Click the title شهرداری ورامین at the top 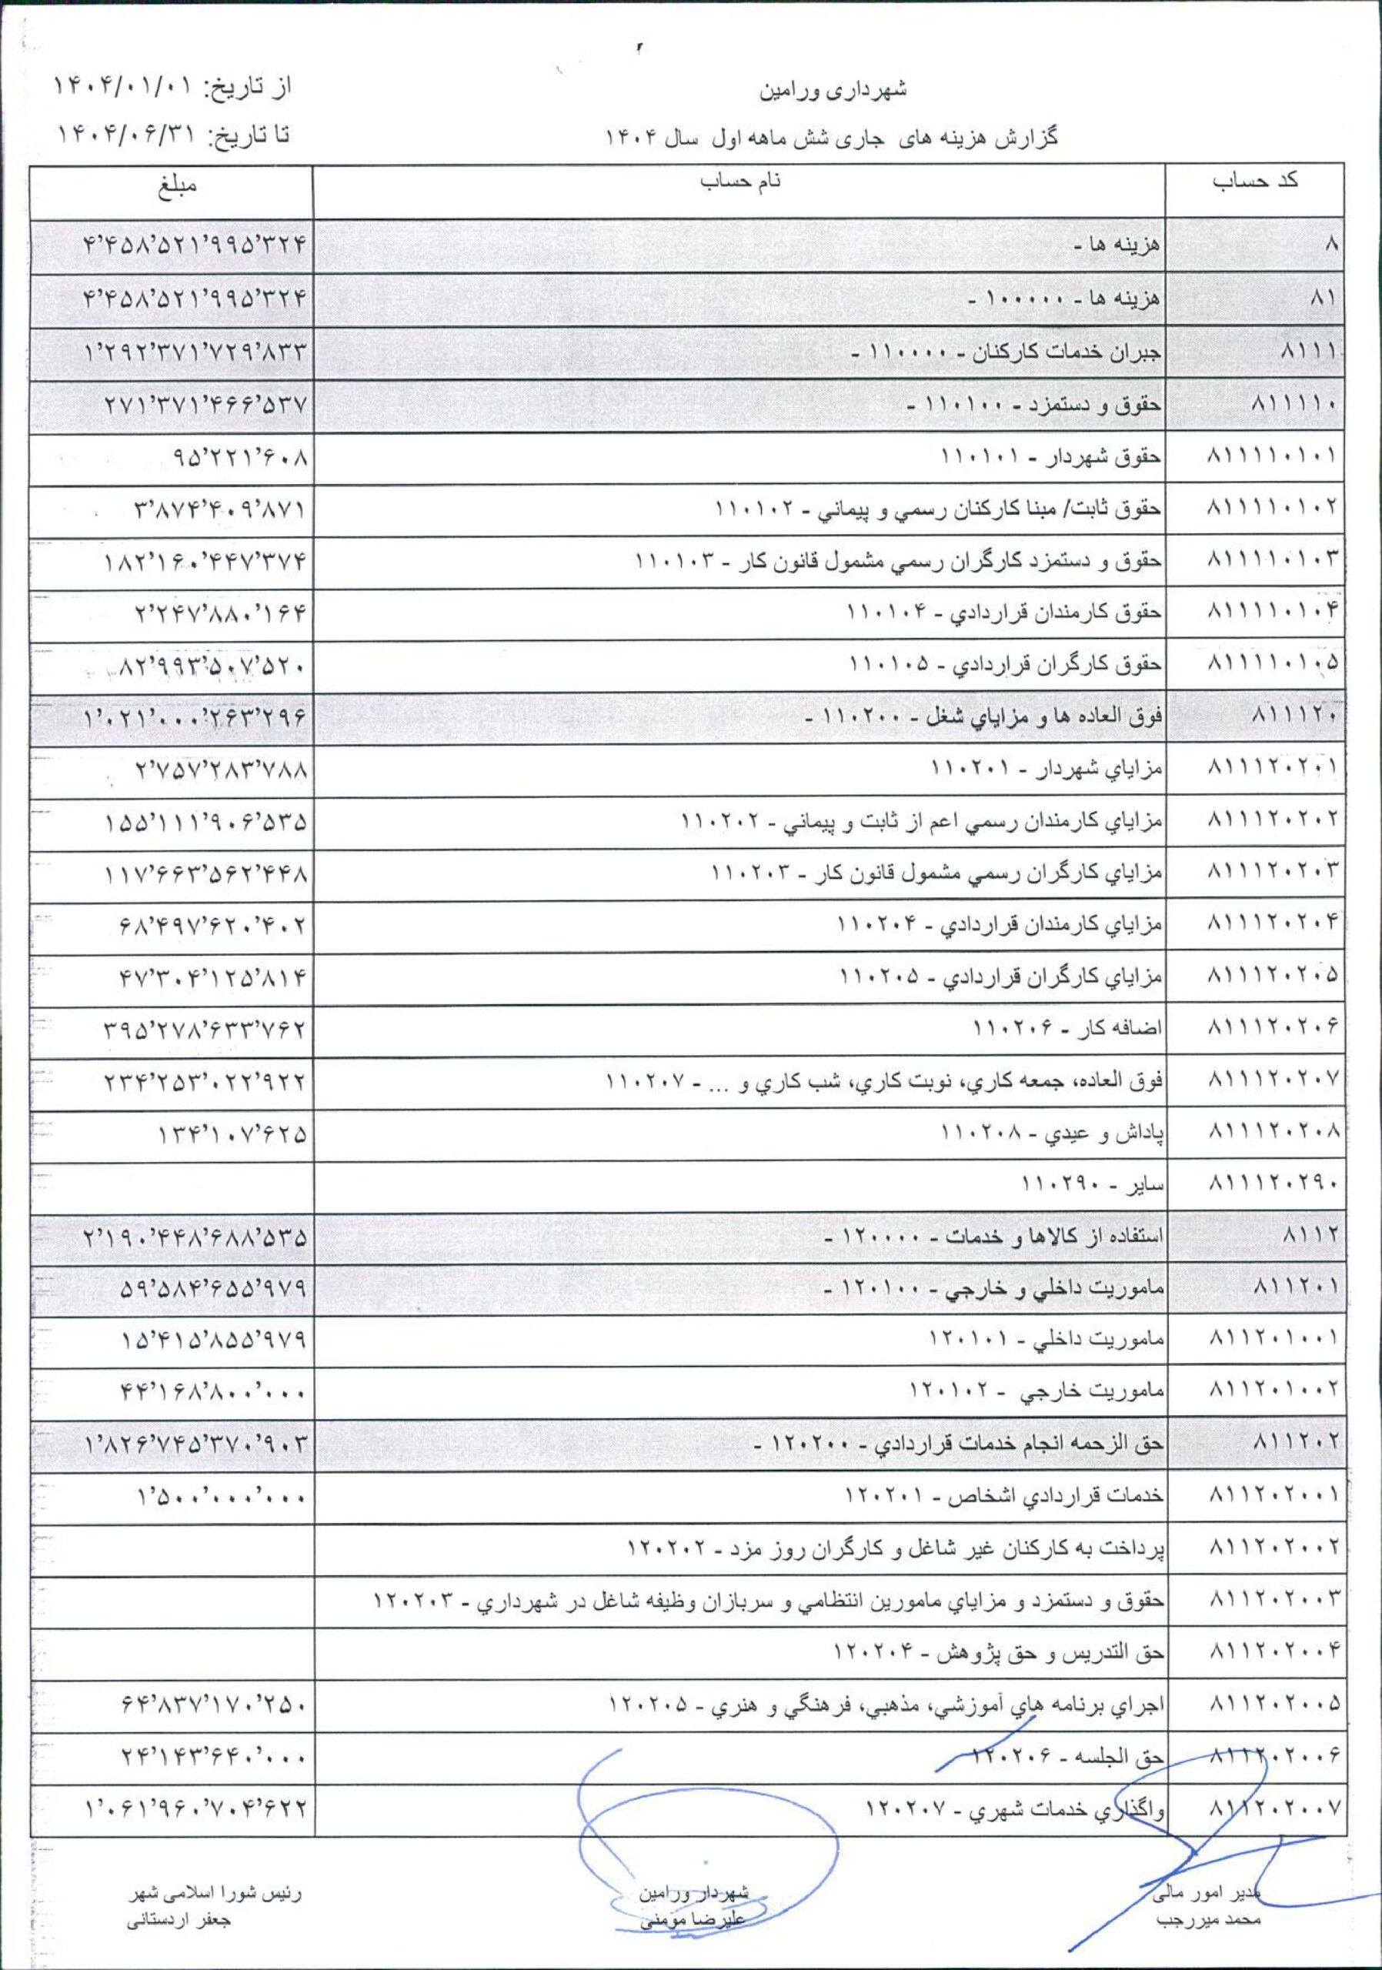pos(833,89)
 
